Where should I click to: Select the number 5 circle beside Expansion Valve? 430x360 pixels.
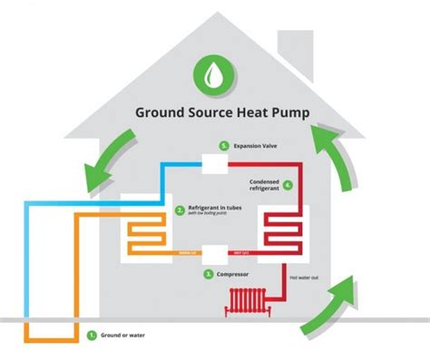coord(223,146)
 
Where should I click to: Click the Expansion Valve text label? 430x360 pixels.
coord(256,146)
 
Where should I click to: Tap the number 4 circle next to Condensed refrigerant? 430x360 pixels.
coord(288,184)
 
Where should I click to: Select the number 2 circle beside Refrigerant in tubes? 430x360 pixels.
coord(180,209)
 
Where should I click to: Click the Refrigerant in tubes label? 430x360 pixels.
coord(218,207)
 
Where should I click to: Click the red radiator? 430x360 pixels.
coord(246,301)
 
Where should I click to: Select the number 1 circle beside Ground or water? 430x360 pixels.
coord(92,335)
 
